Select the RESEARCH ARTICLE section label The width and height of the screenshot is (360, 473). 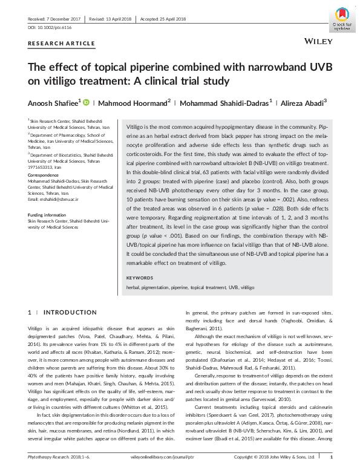(x=61, y=44)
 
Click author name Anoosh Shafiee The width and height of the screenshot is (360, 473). (x=53, y=102)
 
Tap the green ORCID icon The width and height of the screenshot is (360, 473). (x=86, y=102)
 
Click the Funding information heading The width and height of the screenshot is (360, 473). (x=47, y=216)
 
